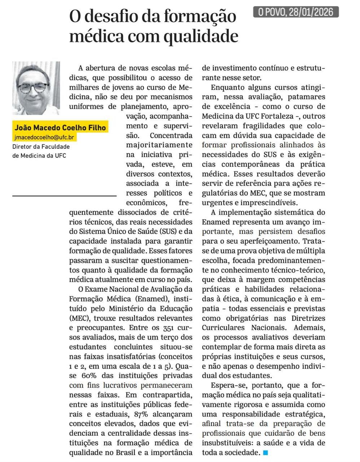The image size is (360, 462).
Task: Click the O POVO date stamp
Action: (x=296, y=12)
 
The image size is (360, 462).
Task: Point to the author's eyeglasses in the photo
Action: (x=34, y=88)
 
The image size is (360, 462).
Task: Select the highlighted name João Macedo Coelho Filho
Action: (x=60, y=127)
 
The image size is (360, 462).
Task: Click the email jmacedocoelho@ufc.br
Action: (x=44, y=137)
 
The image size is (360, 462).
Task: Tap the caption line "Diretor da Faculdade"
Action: (x=41, y=147)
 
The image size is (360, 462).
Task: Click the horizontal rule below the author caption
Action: (x=64, y=196)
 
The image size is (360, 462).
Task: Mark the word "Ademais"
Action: (x=309, y=328)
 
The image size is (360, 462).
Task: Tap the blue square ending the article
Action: (x=265, y=452)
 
